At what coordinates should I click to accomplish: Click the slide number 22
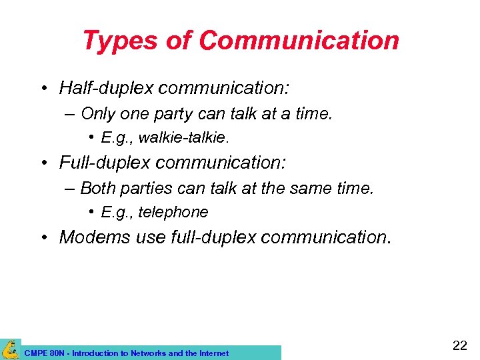tap(459, 345)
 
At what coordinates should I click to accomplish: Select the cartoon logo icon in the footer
tap(10, 349)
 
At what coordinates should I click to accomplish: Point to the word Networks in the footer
tap(148, 353)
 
